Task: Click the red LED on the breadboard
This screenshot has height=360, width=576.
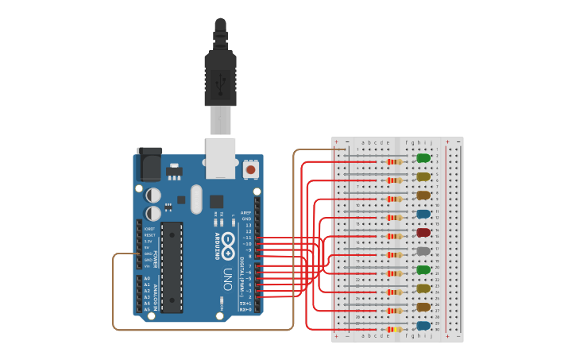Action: point(423,233)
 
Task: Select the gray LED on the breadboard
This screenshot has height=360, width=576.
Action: point(423,251)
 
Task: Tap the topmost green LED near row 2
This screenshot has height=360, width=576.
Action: point(423,158)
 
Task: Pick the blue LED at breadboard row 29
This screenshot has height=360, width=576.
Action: point(423,326)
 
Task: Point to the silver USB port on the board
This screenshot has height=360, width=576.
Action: point(220,157)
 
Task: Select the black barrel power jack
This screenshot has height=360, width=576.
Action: point(149,164)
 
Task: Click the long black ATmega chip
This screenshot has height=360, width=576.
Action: point(172,266)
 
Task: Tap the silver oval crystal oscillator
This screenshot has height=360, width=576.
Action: point(196,199)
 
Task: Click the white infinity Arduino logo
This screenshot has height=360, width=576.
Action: point(229,242)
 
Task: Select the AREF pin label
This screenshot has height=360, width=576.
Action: point(246,213)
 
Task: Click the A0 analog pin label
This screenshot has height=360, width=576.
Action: point(146,278)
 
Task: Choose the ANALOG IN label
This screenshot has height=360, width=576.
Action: point(156,293)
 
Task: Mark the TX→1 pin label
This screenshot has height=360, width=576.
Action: point(246,304)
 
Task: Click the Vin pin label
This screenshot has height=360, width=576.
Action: point(147,265)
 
